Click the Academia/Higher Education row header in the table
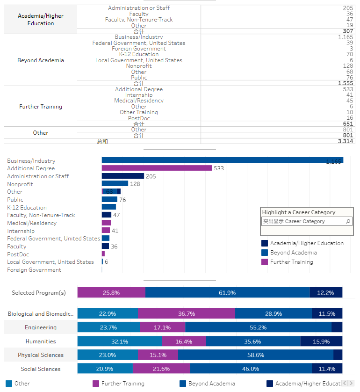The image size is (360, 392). pyautogui.click(x=41, y=20)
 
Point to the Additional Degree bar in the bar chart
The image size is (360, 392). pyautogui.click(x=157, y=168)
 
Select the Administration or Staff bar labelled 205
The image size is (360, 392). pyautogui.click(x=122, y=176)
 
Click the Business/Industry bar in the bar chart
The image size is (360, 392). pyautogui.click(x=222, y=160)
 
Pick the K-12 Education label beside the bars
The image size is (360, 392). pyautogui.click(x=27, y=207)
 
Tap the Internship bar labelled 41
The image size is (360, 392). pyautogui.click(x=106, y=231)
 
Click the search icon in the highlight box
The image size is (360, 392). pyautogui.click(x=348, y=221)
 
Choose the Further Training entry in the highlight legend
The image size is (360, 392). pyautogui.click(x=291, y=262)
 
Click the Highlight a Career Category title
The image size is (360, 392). pyautogui.click(x=298, y=212)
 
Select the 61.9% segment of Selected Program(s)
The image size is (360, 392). pyautogui.click(x=227, y=293)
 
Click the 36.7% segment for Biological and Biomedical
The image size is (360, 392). pyautogui.click(x=187, y=314)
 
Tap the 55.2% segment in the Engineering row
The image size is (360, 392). pyautogui.click(x=258, y=327)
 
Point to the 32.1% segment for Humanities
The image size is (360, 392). pyautogui.click(x=120, y=341)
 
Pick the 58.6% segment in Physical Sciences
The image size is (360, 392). pyautogui.click(x=255, y=355)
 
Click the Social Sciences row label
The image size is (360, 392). pyautogui.click(x=41, y=369)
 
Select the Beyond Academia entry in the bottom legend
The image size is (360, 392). pyautogui.click(x=211, y=384)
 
